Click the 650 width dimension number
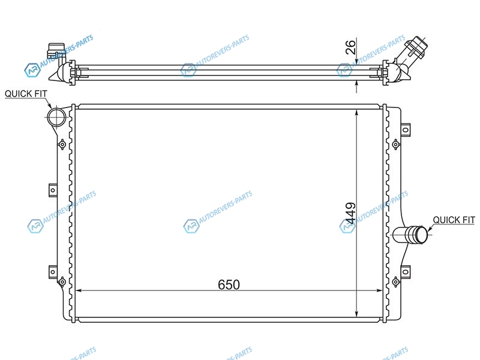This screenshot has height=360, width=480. [x=229, y=284]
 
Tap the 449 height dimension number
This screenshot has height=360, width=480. [x=350, y=214]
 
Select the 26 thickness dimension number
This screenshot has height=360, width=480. [x=351, y=47]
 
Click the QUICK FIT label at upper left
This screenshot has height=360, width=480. [x=26, y=94]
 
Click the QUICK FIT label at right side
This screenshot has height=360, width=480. [x=454, y=220]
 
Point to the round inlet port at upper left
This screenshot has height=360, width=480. [x=56, y=117]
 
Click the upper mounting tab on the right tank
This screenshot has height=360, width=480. [x=406, y=130]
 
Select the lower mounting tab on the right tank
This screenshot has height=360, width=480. [x=406, y=272]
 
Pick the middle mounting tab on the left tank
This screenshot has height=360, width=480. [x=53, y=190]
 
